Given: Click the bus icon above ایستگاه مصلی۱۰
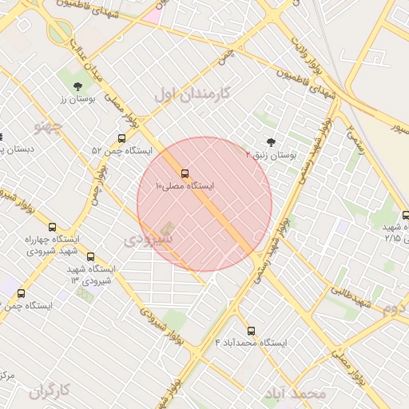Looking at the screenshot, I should click(x=185, y=173).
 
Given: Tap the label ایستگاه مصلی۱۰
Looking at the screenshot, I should click(x=189, y=186).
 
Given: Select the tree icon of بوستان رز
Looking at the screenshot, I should click(x=77, y=86).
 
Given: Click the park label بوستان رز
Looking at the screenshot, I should click(x=77, y=99).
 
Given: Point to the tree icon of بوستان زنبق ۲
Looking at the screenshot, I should click(x=271, y=143).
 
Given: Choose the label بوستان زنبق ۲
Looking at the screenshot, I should click(x=271, y=156).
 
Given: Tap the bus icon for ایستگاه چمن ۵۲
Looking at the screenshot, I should click(x=121, y=138).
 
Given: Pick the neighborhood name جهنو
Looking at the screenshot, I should click(x=46, y=125).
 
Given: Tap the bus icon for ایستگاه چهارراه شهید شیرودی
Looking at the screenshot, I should click(x=53, y=227).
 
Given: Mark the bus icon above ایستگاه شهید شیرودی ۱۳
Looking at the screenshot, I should click(x=90, y=257).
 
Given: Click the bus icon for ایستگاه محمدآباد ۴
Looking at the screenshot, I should click(x=252, y=330).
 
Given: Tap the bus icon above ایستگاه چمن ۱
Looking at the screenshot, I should click(x=21, y=293).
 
